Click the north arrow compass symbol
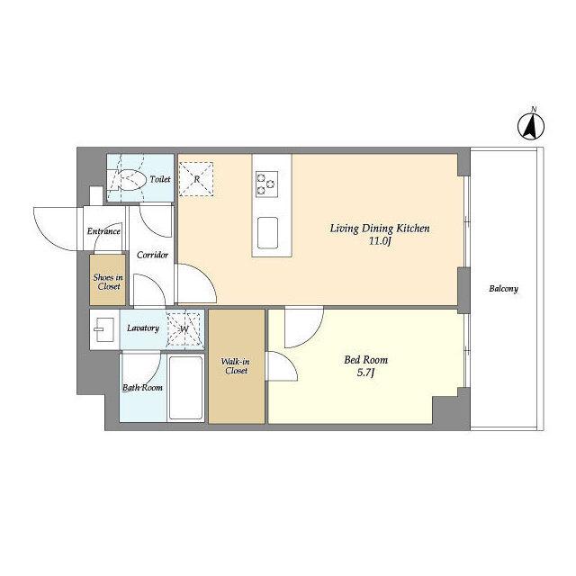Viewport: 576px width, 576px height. tap(531, 127)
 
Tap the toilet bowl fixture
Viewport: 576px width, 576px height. tap(128, 180)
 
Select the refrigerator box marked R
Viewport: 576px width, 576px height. tap(196, 179)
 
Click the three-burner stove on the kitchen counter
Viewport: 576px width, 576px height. tap(266, 184)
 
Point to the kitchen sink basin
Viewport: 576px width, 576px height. tap(267, 233)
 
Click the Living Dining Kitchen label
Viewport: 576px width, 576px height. tap(380, 229)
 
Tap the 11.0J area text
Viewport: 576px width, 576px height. tap(380, 241)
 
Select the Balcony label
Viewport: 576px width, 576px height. tap(503, 289)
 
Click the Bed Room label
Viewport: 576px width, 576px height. tap(366, 360)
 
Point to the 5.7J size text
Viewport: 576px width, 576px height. tap(366, 373)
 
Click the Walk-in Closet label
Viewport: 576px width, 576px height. tap(236, 366)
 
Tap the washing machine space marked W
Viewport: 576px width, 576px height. tap(184, 328)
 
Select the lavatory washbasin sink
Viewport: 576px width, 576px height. tap(104, 329)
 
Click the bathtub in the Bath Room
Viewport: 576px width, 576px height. tap(186, 388)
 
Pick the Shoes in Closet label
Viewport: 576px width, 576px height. tap(108, 282)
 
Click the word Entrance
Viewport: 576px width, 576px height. tap(103, 231)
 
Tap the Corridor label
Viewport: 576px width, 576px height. tap(152, 255)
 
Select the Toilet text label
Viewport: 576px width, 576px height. tap(160, 179)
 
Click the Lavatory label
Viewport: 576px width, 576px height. tap(143, 328)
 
